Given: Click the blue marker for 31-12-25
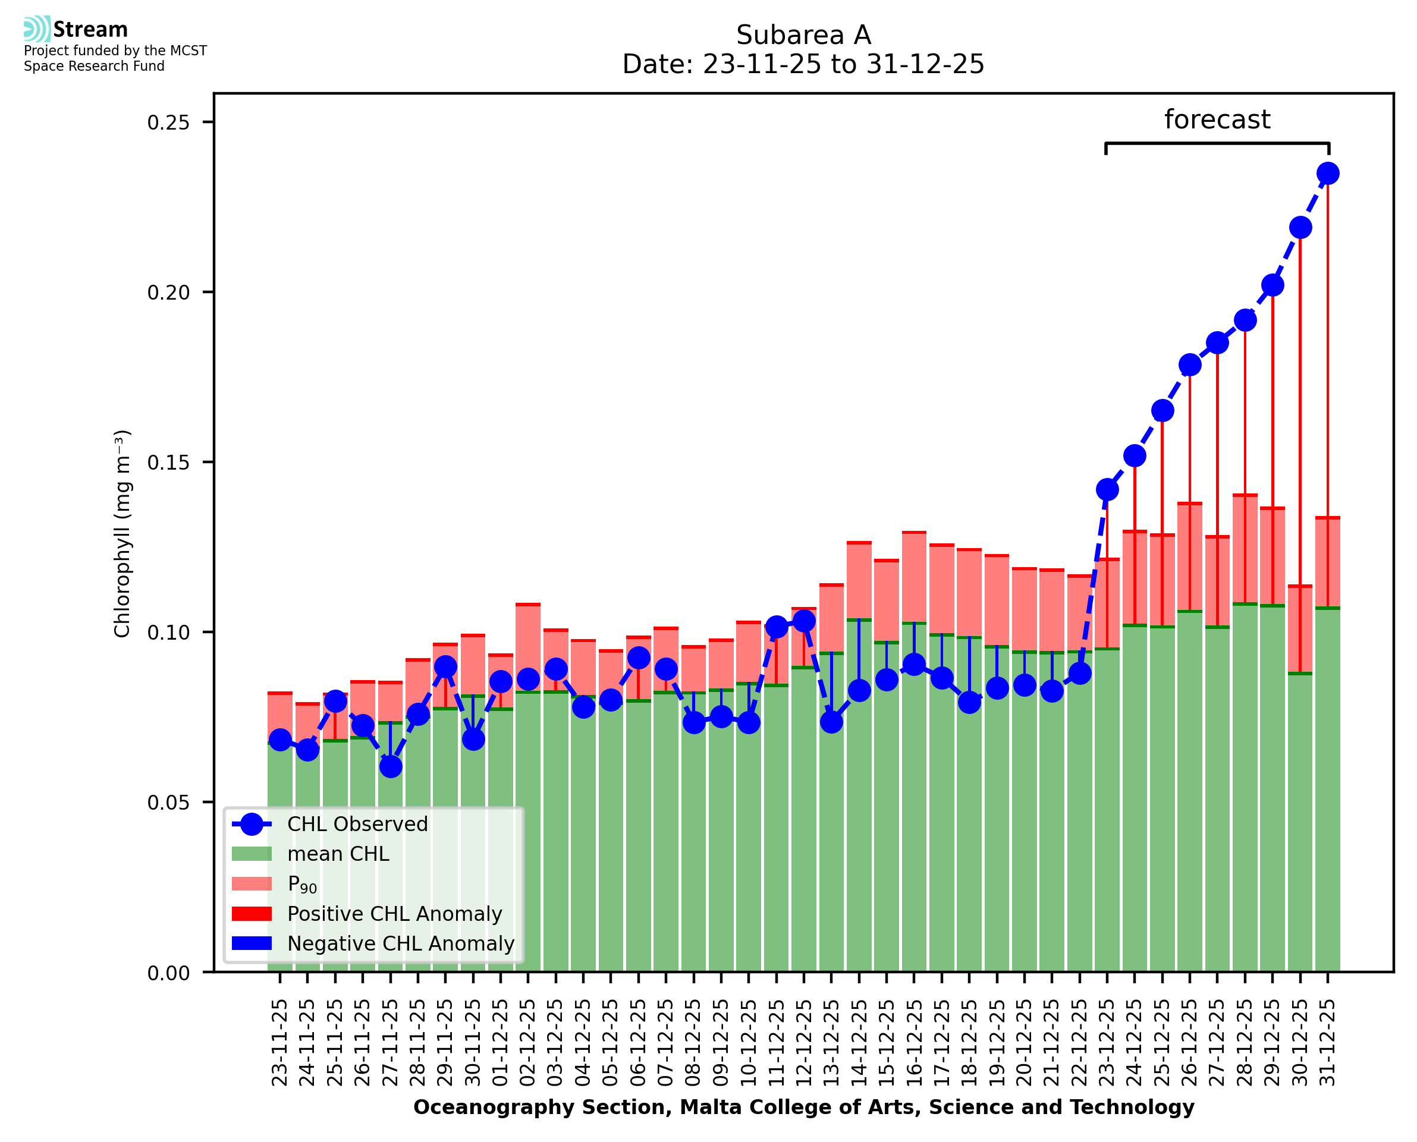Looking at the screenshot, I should pyautogui.click(x=1328, y=174).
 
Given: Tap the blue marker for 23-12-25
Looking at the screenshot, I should pyautogui.click(x=1107, y=489).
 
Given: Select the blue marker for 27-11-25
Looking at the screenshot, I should pyautogui.click(x=391, y=766).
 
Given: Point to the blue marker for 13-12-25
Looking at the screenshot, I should pyautogui.click(x=831, y=722).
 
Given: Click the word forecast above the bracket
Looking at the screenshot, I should pyautogui.click(x=1217, y=119).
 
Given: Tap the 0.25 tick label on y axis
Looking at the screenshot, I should pyautogui.click(x=168, y=123).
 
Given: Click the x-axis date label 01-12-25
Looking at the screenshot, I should pyautogui.click(x=501, y=1043).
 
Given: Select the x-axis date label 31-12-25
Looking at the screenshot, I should pyautogui.click(x=1328, y=1043).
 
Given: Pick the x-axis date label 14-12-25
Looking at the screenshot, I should pyautogui.click(x=859, y=1043).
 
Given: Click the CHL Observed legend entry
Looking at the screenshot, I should pyautogui.click(x=357, y=825).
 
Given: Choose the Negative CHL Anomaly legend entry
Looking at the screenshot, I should pyautogui.click(x=401, y=943).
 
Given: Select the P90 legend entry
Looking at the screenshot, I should pyautogui.click(x=302, y=885).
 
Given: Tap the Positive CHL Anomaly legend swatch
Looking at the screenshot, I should pyautogui.click(x=252, y=914).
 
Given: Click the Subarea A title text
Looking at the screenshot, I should pyautogui.click(x=803, y=35).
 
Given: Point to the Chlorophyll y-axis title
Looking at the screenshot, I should pyautogui.click(x=122, y=533).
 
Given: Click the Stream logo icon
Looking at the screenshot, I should pyautogui.click(x=37, y=29).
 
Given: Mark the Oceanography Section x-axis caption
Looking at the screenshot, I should pyautogui.click(x=803, y=1108).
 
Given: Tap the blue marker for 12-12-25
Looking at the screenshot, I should pyautogui.click(x=804, y=620).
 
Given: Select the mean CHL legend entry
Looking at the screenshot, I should pyautogui.click(x=338, y=854).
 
